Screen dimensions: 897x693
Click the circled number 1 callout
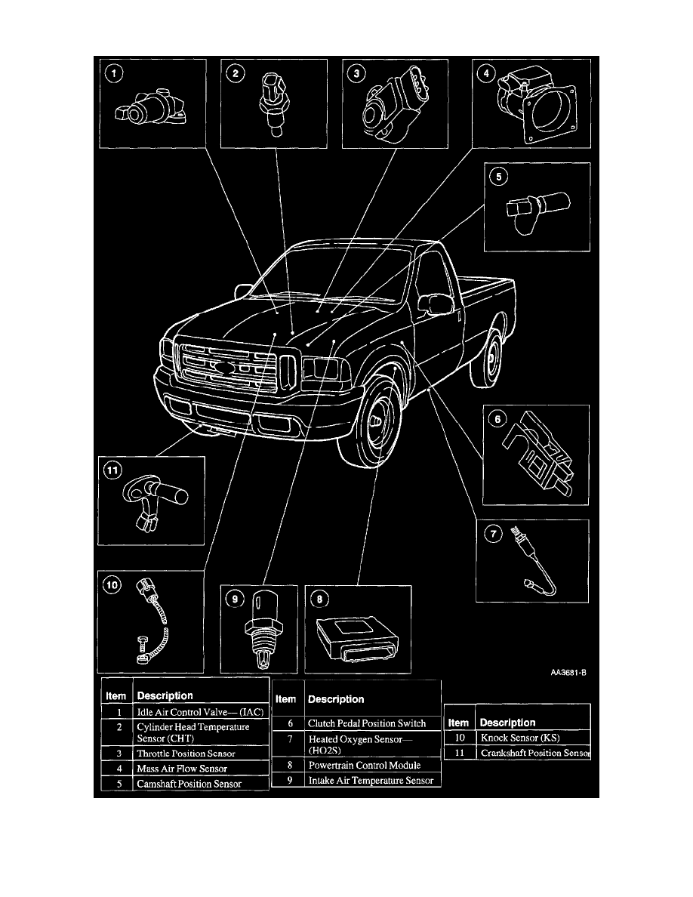[x=113, y=74]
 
